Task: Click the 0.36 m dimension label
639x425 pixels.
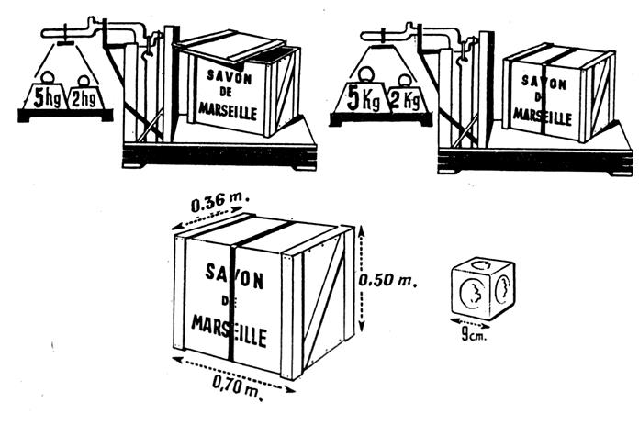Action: tap(219, 200)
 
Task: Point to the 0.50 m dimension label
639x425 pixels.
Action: tap(387, 280)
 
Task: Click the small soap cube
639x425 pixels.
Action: tap(483, 287)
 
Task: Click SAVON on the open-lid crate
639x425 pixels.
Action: tap(229, 76)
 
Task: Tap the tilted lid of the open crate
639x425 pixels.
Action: tap(230, 46)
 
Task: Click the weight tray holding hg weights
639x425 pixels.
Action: tap(65, 115)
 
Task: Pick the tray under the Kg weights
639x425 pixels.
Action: tap(381, 119)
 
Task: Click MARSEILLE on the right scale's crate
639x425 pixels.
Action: tap(542, 117)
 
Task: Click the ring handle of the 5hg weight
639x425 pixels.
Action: tap(48, 77)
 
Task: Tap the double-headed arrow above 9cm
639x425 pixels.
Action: tap(470, 323)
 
